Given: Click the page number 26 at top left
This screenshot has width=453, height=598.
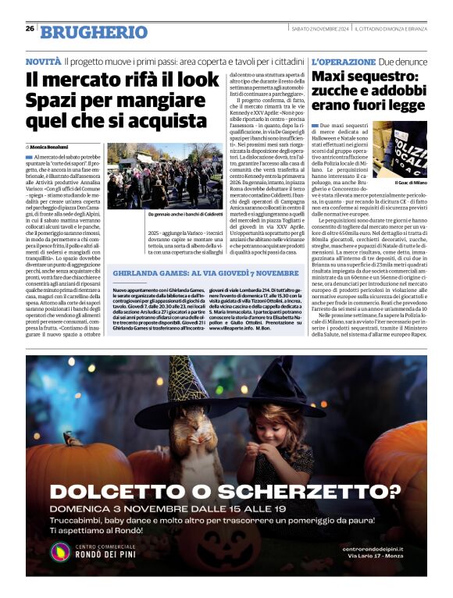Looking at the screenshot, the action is pos(30,29).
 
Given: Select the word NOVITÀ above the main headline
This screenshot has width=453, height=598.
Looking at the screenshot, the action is pos(43,61).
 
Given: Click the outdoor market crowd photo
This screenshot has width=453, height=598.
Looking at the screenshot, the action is pos(163,175).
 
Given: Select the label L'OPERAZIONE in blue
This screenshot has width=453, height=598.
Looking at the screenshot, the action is pos(344,61).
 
